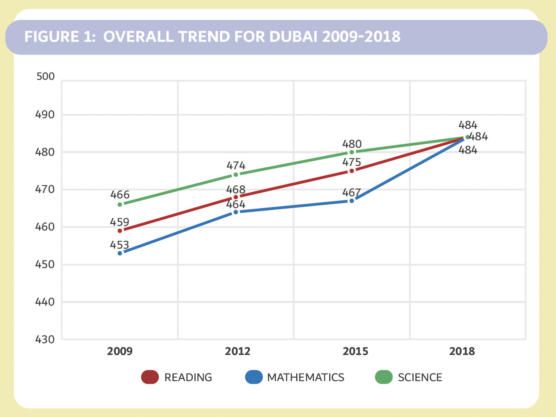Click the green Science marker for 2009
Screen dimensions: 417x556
point(120,204)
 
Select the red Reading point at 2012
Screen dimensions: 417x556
point(236,197)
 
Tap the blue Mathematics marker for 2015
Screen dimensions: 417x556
point(352,201)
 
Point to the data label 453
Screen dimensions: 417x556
point(120,245)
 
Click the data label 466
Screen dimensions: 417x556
point(120,195)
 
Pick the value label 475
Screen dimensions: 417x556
point(352,162)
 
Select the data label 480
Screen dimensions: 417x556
point(352,144)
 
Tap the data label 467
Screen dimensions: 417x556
point(352,193)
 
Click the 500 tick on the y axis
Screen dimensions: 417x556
point(46,76)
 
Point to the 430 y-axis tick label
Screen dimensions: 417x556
point(46,339)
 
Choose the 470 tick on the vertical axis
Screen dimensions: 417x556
point(46,190)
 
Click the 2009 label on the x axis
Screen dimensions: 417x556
point(120,352)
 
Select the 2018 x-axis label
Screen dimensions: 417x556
point(462,352)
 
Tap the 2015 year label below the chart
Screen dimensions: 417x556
point(355,352)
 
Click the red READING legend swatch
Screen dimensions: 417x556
point(150,377)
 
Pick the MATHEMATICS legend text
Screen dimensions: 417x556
point(305,377)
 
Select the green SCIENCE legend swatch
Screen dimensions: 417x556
point(384,377)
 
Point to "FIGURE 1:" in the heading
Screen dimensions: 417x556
point(60,37)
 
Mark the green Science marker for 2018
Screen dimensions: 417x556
point(467,137)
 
